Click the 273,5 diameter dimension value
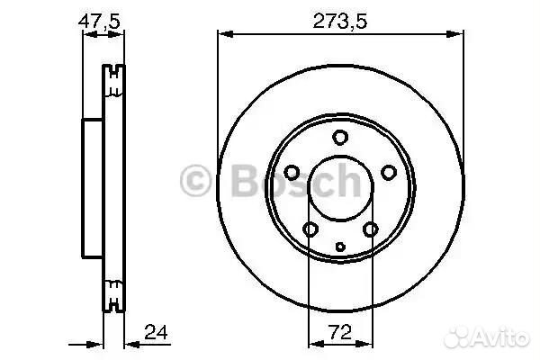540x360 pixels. click(340, 21)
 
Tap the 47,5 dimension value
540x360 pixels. click(99, 22)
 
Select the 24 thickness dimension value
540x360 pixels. click(156, 332)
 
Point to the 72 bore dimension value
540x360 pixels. click(340, 332)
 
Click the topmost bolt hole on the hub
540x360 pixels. click(340, 137)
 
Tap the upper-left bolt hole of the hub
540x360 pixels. click(292, 172)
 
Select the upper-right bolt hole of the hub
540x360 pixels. click(389, 172)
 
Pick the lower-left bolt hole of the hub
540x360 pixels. click(310, 229)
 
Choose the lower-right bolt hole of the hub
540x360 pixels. click(371, 229)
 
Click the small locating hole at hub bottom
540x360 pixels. click(340, 247)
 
